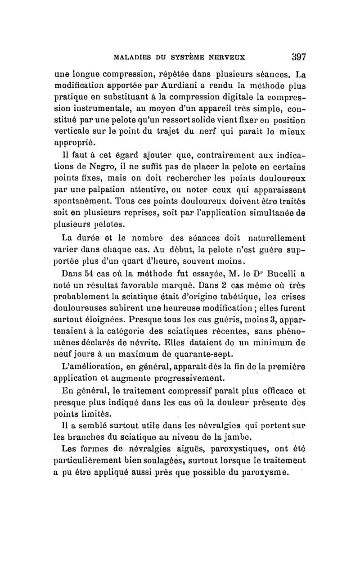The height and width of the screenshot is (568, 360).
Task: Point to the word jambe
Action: pos(231,437)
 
